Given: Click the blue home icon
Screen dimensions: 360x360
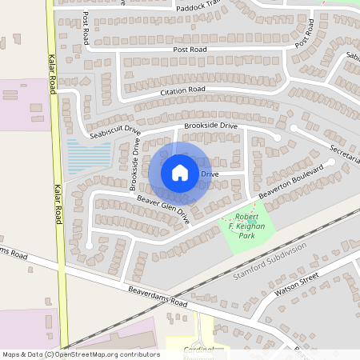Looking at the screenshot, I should (180, 173).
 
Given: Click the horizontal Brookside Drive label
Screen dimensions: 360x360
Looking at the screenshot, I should (210, 126).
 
